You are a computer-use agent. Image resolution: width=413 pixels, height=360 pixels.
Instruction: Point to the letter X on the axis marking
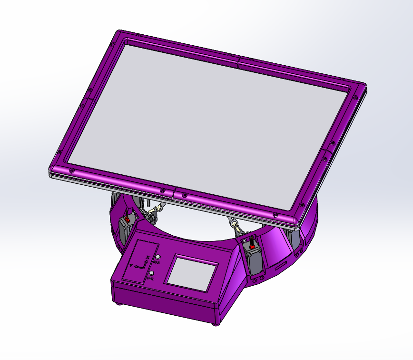147,258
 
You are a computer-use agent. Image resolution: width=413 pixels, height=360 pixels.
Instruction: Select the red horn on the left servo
128,220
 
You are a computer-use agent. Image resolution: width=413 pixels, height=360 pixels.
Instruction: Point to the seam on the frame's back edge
238,60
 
